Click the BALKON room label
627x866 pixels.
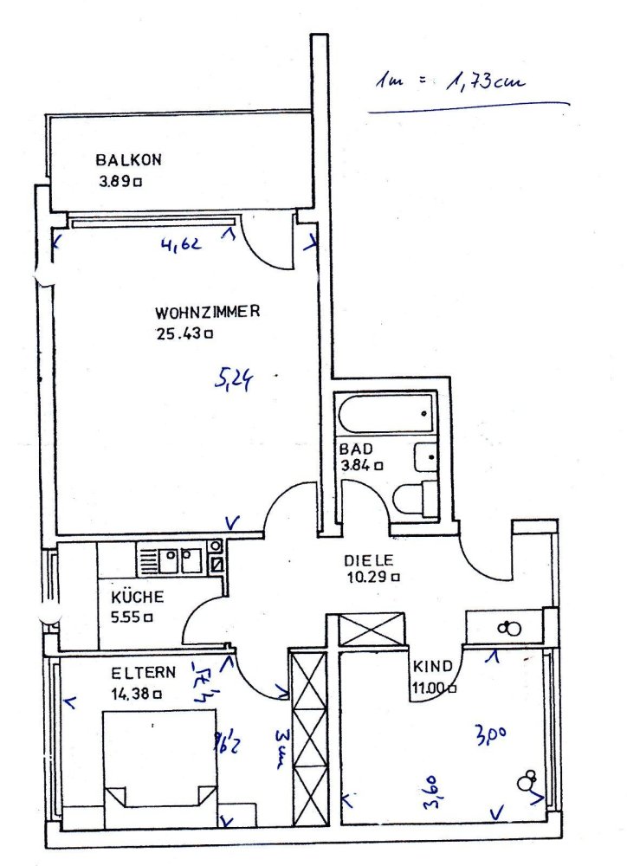(129, 160)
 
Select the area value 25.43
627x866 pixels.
(179, 333)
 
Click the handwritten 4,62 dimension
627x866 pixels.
(181, 244)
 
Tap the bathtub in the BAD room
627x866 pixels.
(385, 416)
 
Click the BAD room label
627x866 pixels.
(355, 449)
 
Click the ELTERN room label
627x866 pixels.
(144, 673)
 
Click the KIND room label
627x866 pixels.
(433, 667)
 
